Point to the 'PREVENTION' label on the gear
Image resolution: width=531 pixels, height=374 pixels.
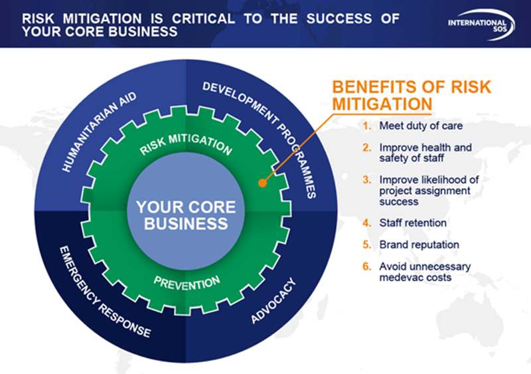[x=188, y=284]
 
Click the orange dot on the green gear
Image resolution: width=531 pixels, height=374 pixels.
[x=262, y=181]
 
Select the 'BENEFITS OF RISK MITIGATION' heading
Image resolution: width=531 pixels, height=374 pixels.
[x=411, y=96]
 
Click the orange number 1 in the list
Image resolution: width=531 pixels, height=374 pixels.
[x=366, y=125]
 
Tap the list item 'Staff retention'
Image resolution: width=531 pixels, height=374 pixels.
[x=412, y=223]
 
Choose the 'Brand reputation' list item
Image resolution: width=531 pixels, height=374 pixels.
[x=419, y=244]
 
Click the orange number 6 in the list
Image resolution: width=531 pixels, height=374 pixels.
[x=366, y=266]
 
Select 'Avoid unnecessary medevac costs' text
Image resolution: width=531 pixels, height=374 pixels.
[x=425, y=272]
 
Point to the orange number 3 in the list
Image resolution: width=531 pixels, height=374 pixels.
[x=366, y=180]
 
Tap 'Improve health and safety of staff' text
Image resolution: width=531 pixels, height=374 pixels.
[x=425, y=152]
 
